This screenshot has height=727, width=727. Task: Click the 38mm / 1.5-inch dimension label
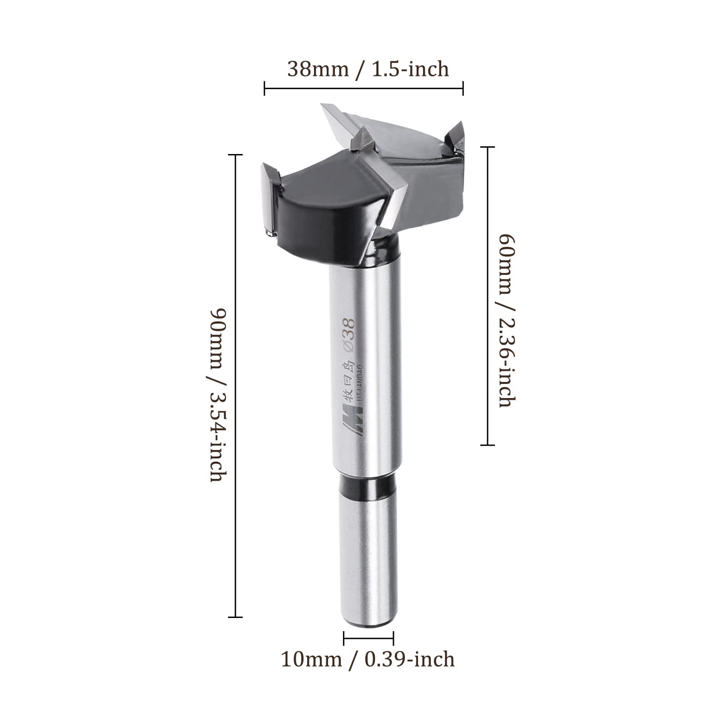368,69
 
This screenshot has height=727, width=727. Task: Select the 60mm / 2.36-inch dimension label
507,320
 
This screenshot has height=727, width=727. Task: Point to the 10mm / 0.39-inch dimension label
368,659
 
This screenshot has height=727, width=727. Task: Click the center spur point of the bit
365,138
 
